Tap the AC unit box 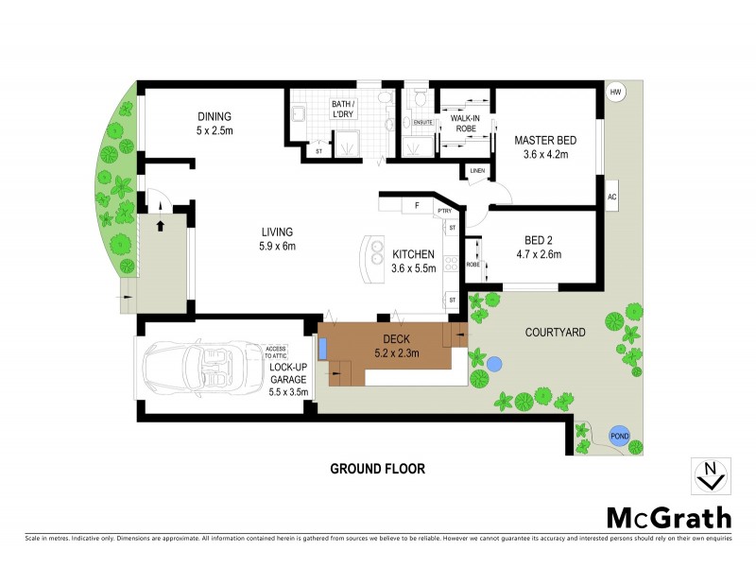tap(611, 197)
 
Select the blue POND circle tap(617, 436)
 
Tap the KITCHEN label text tap(414, 254)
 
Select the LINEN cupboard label tap(476, 171)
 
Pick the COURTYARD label tap(556, 332)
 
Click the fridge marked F tap(415, 205)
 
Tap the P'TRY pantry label tap(443, 211)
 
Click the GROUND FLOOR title tap(377, 469)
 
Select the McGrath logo tap(668, 517)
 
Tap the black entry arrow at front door tap(160, 226)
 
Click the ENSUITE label tap(422, 121)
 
